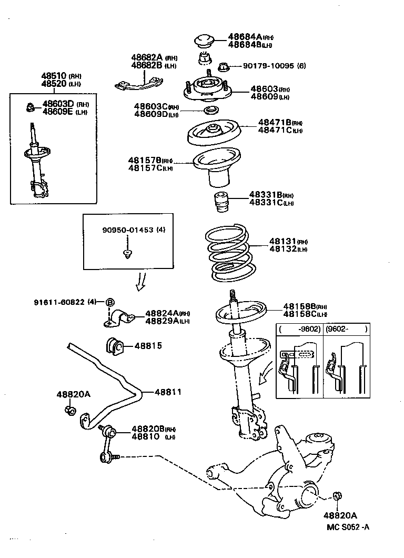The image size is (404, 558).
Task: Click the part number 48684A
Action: click(245, 37)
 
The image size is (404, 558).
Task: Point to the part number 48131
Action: click(283, 241)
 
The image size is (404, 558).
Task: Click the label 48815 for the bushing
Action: click(148, 346)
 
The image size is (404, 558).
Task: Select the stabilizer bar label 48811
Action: click(168, 392)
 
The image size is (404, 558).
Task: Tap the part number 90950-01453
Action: click(126, 230)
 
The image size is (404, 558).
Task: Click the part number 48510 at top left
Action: click(53, 76)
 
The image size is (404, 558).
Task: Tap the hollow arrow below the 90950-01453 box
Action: click(140, 282)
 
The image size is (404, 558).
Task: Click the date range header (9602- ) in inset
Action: click(345, 329)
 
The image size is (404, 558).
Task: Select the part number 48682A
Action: click(146, 57)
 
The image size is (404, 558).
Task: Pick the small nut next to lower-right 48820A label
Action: click(337, 496)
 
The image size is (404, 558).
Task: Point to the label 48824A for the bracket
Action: click(161, 313)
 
